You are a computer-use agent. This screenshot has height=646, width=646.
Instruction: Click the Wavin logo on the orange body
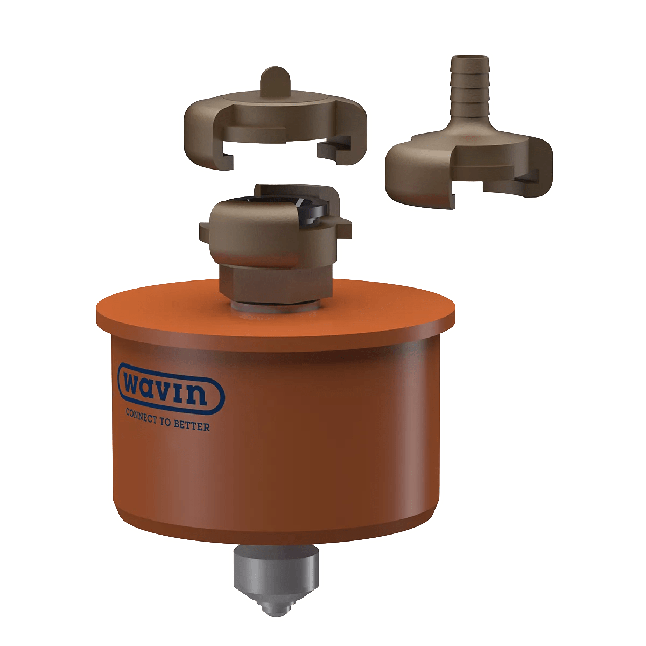(x=171, y=389)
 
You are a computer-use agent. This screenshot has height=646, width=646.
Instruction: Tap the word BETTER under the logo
(x=192, y=425)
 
